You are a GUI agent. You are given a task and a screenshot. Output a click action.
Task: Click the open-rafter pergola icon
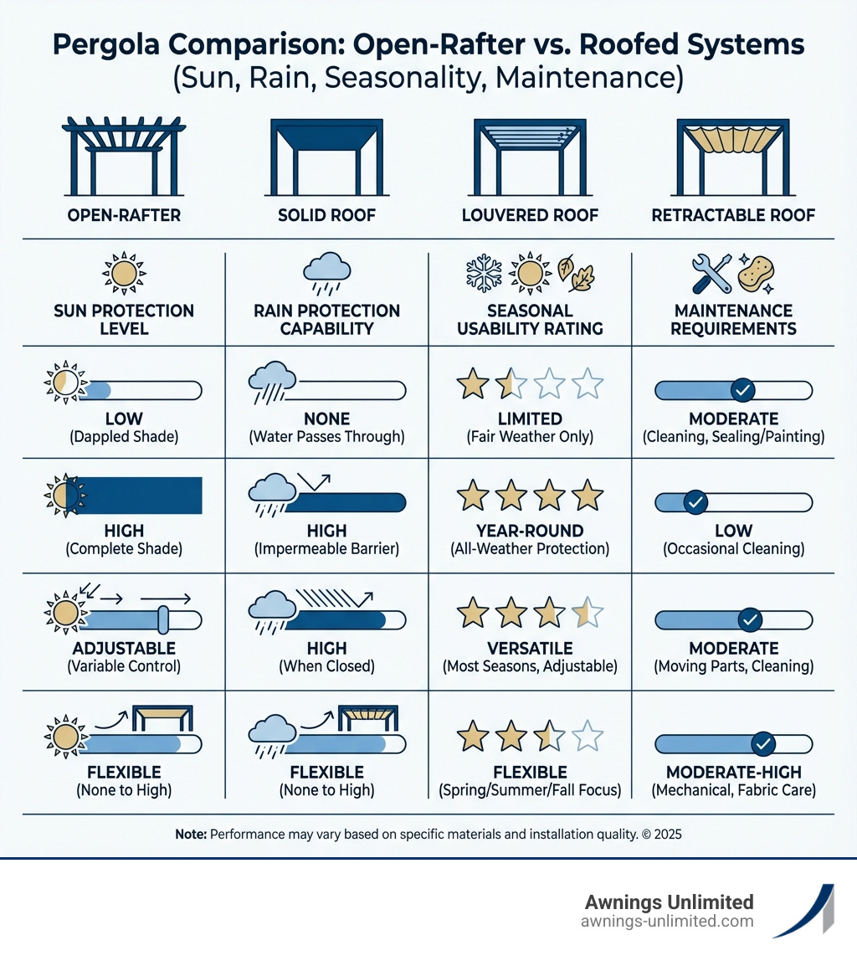(x=123, y=156)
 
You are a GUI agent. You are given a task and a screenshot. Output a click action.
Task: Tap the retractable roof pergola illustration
(x=733, y=156)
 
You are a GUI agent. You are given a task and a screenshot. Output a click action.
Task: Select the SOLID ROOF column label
(x=326, y=216)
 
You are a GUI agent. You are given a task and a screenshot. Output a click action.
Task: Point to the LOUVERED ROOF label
(x=530, y=216)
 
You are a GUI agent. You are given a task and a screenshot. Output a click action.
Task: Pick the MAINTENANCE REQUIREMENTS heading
(x=733, y=319)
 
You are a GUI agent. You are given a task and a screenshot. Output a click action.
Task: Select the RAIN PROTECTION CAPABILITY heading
(x=326, y=319)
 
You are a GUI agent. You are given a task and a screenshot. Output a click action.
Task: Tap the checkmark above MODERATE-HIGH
(x=762, y=742)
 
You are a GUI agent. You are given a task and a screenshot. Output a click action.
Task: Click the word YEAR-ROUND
(x=530, y=531)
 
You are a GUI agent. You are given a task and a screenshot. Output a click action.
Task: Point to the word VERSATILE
(x=530, y=648)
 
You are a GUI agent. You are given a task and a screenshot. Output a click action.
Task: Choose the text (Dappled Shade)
(x=124, y=436)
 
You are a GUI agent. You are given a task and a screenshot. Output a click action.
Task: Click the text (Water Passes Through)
(x=326, y=436)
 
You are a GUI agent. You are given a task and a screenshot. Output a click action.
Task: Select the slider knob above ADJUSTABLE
(x=163, y=619)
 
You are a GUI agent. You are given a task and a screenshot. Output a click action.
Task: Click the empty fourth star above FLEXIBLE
(x=587, y=737)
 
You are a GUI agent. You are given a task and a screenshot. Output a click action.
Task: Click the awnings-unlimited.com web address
(x=667, y=922)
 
